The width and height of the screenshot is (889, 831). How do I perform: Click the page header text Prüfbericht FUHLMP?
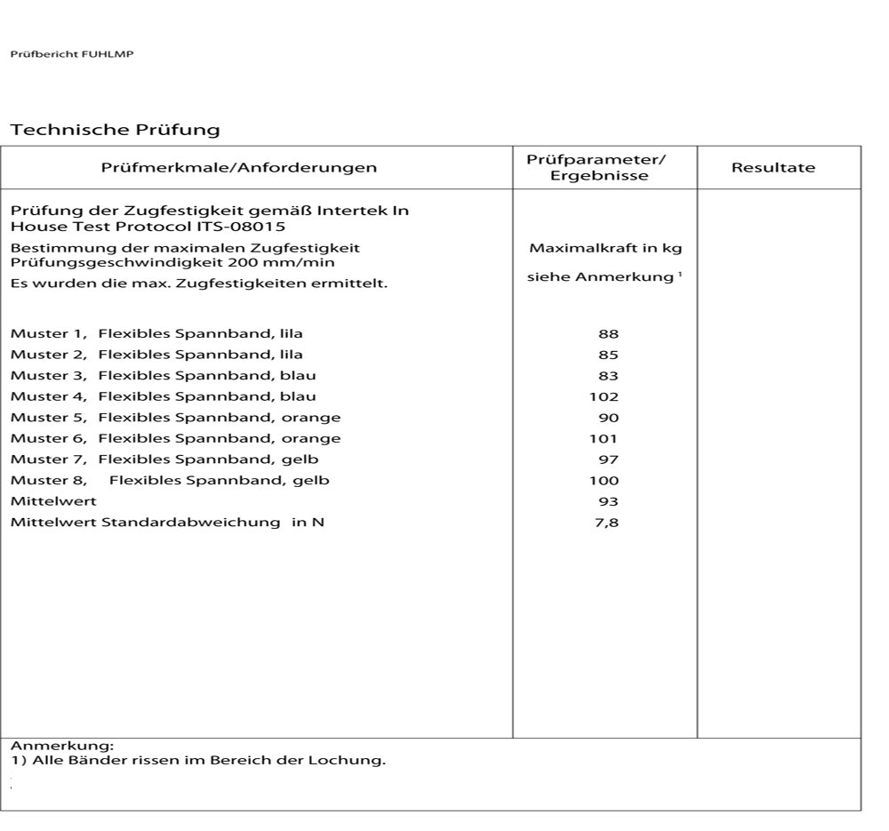72,54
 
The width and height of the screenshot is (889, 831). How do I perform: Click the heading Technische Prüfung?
115,130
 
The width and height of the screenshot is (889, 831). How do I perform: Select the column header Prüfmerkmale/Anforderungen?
238,167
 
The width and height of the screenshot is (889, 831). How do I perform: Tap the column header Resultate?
773,167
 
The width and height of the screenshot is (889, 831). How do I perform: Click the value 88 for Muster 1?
608,334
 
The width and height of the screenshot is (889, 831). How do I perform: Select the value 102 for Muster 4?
605,396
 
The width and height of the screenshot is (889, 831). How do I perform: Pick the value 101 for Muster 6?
604,438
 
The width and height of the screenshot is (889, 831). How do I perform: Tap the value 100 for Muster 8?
605,481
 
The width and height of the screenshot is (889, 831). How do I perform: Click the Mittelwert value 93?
608,501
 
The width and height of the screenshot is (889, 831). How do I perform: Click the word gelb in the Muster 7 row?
302,459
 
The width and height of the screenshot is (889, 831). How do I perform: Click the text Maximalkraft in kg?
605,248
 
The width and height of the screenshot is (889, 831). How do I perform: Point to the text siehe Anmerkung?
601,277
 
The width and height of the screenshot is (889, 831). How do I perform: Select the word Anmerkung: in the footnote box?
62,746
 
